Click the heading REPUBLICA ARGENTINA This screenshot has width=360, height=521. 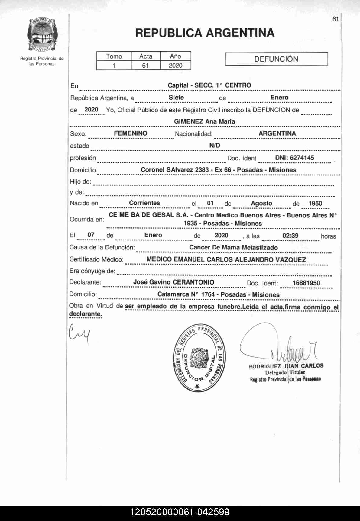point(205,33)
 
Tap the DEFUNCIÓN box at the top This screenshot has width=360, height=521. point(276,59)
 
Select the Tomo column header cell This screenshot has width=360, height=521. point(114,56)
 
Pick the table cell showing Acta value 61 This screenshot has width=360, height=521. point(145,66)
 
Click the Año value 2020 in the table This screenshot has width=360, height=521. point(176,66)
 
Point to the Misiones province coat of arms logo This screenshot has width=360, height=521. point(42,35)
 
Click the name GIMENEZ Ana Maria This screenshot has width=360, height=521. point(204,121)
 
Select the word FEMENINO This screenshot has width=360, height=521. point(131,133)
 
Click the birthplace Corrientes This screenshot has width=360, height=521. point(144,203)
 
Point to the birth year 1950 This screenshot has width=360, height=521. point(315,203)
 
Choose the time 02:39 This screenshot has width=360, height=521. point(290,236)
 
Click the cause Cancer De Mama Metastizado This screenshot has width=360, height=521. point(233,247)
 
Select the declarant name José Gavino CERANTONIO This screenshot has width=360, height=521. point(174,282)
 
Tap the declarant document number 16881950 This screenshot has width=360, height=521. point(306,283)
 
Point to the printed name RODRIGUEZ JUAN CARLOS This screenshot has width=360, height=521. point(286,366)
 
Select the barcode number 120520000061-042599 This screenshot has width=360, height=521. point(180,512)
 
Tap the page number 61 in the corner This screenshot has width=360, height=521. point(335,19)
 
